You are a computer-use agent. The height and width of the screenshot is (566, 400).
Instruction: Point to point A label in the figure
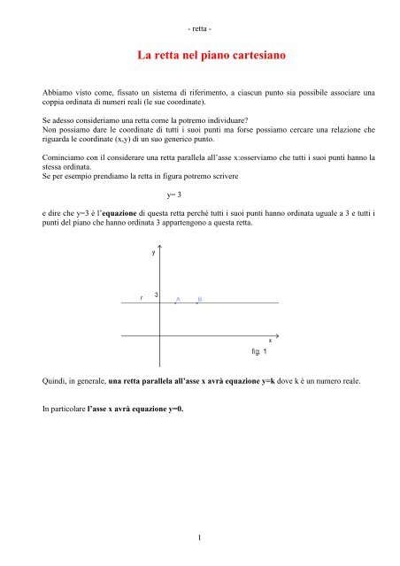point(178,299)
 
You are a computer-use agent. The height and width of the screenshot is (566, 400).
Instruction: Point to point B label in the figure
point(200,299)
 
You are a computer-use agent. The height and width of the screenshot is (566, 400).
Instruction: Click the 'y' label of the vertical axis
point(154,252)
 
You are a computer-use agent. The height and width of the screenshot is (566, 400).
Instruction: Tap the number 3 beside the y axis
point(156,294)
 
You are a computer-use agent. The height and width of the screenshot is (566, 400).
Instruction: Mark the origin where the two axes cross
point(160,334)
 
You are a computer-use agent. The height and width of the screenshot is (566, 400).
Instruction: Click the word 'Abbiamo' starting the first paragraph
point(60,91)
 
